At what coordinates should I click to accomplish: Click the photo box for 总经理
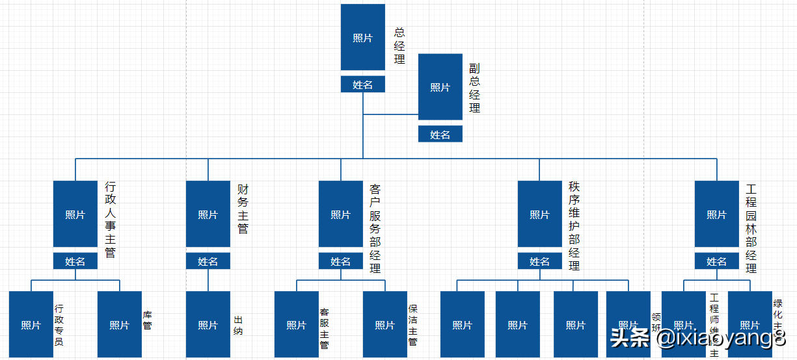coord(362,37)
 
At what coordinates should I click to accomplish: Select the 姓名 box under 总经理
coord(362,84)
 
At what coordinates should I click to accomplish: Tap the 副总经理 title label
coord(475,88)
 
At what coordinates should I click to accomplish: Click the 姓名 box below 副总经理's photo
coord(440,135)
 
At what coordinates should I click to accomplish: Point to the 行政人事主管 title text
coord(111,220)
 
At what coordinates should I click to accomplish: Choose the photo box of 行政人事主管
coord(75,214)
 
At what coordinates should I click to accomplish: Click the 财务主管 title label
coord(243,209)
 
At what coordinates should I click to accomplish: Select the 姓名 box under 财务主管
coord(208,261)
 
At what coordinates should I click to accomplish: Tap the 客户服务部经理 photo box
coord(340,214)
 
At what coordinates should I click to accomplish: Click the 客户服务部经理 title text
coord(375,228)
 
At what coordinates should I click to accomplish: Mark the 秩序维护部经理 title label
coord(574,226)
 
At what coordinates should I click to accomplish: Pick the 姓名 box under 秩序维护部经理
coord(539,261)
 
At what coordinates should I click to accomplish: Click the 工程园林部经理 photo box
coord(716,214)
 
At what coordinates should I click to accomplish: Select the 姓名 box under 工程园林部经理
coord(716,261)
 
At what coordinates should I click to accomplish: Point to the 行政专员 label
coord(59,325)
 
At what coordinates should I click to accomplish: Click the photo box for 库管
coord(119,325)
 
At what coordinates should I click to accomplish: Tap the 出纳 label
coord(238,325)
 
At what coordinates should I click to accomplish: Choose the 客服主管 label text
coord(324,329)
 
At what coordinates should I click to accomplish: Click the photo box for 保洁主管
coord(385,325)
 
